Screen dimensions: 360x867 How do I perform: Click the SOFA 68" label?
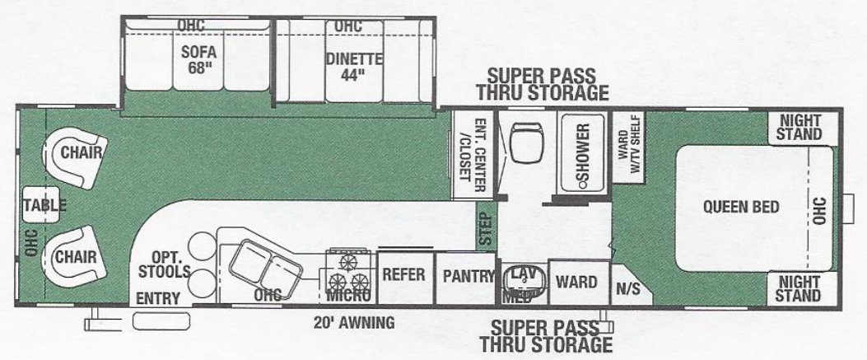[198, 59]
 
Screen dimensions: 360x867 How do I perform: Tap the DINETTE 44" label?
[354, 66]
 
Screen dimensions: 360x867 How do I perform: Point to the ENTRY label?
[158, 297]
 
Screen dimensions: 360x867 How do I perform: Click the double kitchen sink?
[263, 266]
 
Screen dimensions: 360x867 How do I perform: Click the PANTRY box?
[465, 276]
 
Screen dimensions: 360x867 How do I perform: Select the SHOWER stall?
[581, 152]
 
